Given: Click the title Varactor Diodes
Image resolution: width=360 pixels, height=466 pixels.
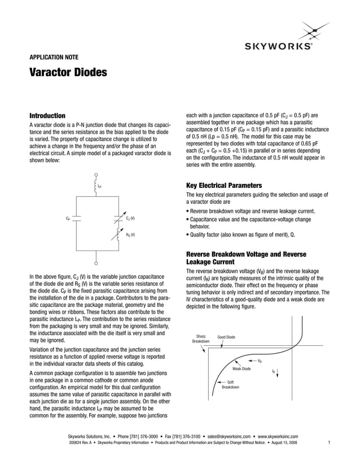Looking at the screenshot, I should pyautogui.click(x=67, y=73).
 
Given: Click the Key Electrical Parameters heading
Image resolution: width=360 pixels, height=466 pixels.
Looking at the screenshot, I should pyautogui.click(x=224, y=185).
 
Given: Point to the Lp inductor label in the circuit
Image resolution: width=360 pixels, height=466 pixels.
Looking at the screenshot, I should pyautogui.click(x=100, y=186).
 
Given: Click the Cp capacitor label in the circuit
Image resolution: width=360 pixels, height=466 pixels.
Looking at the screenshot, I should pyautogui.click(x=68, y=218).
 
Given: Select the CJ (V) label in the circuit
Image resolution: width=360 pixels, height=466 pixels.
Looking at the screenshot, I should pyautogui.click(x=130, y=218).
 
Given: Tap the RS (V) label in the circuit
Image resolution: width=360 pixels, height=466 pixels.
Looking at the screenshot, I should pyautogui.click(x=130, y=234).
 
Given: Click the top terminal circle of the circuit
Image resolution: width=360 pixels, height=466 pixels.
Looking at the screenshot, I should pyautogui.click(x=96, y=175).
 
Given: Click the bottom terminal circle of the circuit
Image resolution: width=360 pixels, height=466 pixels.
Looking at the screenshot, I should pyautogui.click(x=96, y=263).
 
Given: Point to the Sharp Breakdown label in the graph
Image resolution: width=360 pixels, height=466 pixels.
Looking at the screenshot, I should pyautogui.click(x=200, y=338).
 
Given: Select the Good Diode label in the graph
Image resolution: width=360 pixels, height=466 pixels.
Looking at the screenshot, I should pyautogui.click(x=226, y=337).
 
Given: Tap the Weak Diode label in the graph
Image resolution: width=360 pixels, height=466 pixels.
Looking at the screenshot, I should pyautogui.click(x=242, y=368).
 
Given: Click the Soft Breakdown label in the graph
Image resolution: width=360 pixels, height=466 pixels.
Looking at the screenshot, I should pyautogui.click(x=230, y=384).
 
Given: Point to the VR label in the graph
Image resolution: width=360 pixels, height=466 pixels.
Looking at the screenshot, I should pyautogui.click(x=259, y=361).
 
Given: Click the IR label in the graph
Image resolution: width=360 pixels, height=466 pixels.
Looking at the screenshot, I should pyautogui.click(x=274, y=371).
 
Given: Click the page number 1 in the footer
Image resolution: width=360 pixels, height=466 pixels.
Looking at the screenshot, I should pyautogui.click(x=328, y=443).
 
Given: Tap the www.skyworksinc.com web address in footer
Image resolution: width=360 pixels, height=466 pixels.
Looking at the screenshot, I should pyautogui.click(x=278, y=436).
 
